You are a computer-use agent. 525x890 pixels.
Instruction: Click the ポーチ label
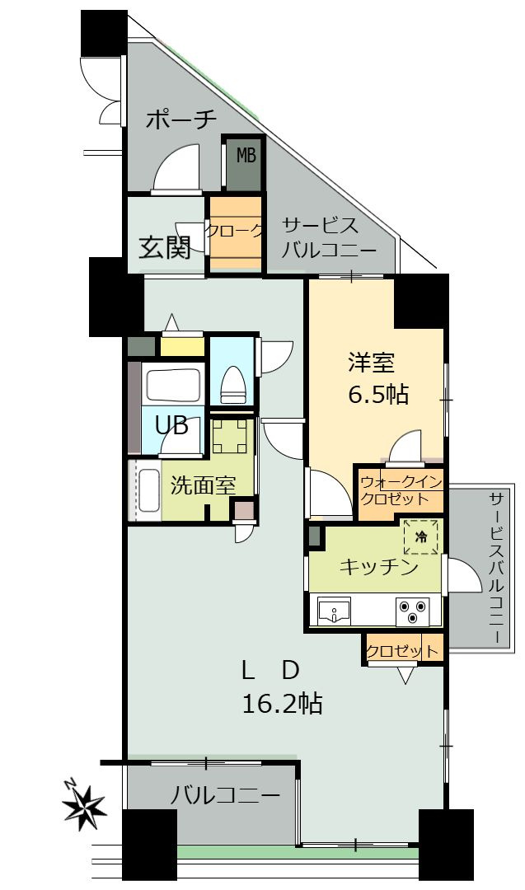181,120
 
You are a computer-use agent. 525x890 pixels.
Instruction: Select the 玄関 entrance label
165,246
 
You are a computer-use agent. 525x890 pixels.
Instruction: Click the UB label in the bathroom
172,426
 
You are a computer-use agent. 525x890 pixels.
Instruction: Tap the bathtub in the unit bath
173,385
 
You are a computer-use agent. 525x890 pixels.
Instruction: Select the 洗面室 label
204,485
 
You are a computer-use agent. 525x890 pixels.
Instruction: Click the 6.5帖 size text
377,394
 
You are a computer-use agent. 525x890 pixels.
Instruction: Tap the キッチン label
378,567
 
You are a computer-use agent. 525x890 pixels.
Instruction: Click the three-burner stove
414,611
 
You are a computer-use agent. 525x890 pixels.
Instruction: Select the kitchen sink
335,612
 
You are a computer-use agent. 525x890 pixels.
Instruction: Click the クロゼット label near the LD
402,651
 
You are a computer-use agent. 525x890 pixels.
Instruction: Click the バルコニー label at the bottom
225,795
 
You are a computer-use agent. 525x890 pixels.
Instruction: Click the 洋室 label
371,363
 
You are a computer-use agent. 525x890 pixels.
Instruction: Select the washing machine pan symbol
230,437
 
